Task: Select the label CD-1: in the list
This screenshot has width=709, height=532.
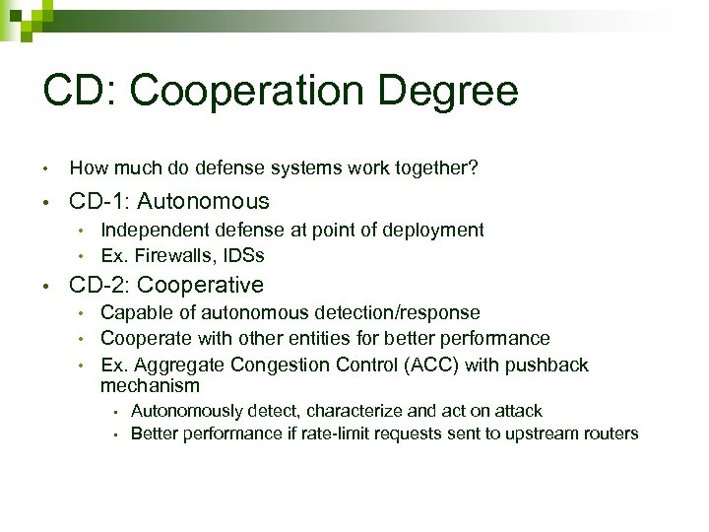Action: click(x=99, y=202)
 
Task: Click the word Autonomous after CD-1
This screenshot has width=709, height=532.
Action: click(x=203, y=202)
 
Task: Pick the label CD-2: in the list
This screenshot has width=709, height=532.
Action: click(x=99, y=286)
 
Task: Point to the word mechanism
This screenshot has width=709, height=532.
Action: click(x=150, y=385)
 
